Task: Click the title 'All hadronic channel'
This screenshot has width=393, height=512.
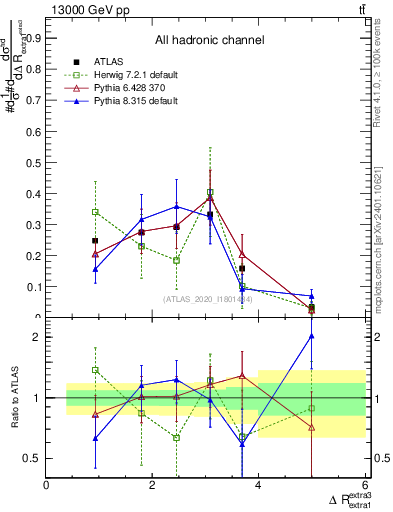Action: (x=209, y=40)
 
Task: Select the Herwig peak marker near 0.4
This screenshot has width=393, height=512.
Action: (x=210, y=192)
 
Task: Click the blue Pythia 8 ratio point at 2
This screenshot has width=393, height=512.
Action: (x=312, y=336)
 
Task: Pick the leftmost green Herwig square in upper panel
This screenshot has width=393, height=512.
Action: (x=95, y=212)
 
